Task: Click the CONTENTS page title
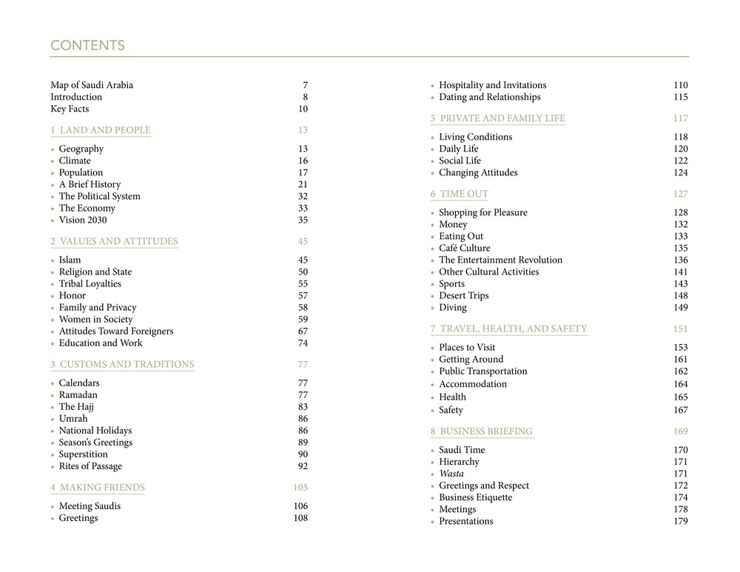tap(87, 46)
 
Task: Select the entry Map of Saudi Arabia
tap(92, 85)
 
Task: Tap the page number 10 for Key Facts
tap(303, 109)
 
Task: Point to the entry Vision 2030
tap(83, 220)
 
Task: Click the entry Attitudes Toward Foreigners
tap(116, 331)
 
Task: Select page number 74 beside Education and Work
tap(303, 343)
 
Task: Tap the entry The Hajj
tap(76, 406)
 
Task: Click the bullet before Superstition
tap(53, 455)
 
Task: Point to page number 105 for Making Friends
tap(300, 488)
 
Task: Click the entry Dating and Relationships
tap(490, 97)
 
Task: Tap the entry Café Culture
tap(465, 248)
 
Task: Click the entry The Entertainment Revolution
tap(501, 260)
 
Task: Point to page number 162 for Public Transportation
tap(681, 371)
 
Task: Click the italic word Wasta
tap(451, 474)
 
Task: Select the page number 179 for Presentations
tap(681, 521)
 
